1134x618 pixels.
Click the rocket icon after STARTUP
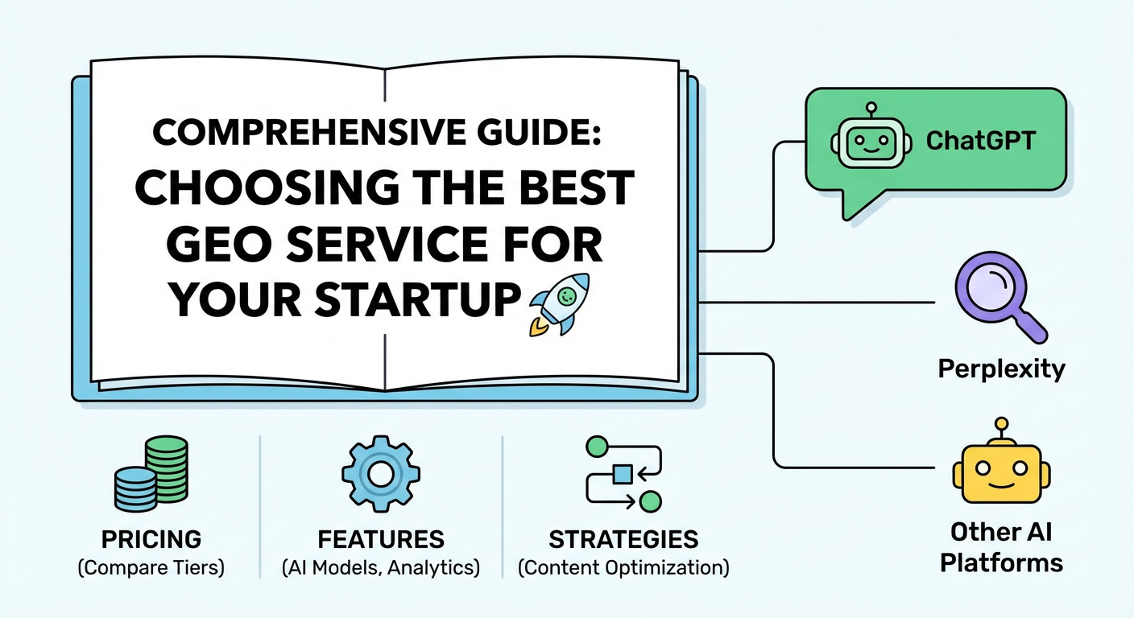558,303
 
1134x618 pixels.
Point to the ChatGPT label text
980,139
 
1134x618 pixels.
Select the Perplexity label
1001,369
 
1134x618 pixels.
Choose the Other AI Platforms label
1001,547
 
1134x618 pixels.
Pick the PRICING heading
151,539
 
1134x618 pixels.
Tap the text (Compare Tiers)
151,567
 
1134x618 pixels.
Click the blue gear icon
381,474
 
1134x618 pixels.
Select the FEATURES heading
381,539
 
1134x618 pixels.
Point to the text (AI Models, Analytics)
381,567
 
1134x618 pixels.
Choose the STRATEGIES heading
623,539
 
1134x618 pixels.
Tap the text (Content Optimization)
623,567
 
